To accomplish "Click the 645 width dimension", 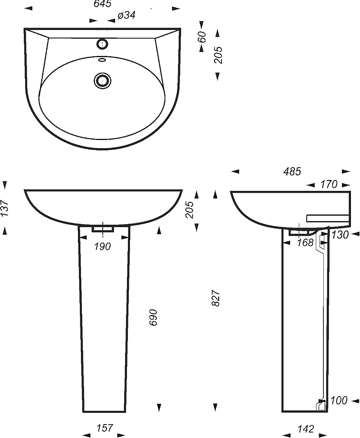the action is click(x=102, y=4).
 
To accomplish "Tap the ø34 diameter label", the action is click(x=126, y=15).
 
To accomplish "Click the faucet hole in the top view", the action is click(x=102, y=44).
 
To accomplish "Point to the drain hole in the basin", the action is click(x=102, y=81).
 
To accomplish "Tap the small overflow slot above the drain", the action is click(x=102, y=60).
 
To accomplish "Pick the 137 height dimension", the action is click(x=5, y=208).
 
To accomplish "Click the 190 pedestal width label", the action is click(x=102, y=247).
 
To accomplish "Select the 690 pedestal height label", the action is click(x=154, y=318).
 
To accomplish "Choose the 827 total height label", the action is click(x=216, y=299).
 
